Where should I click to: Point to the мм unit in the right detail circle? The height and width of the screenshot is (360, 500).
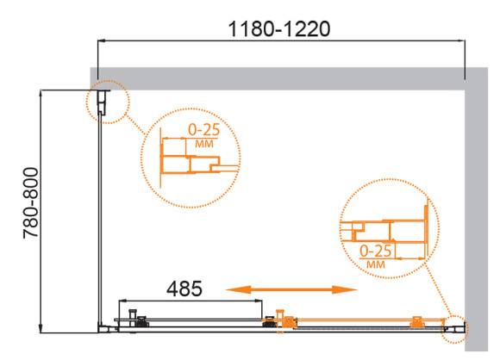coord(376,264)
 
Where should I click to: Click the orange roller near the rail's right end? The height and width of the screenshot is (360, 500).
coord(416,322)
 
